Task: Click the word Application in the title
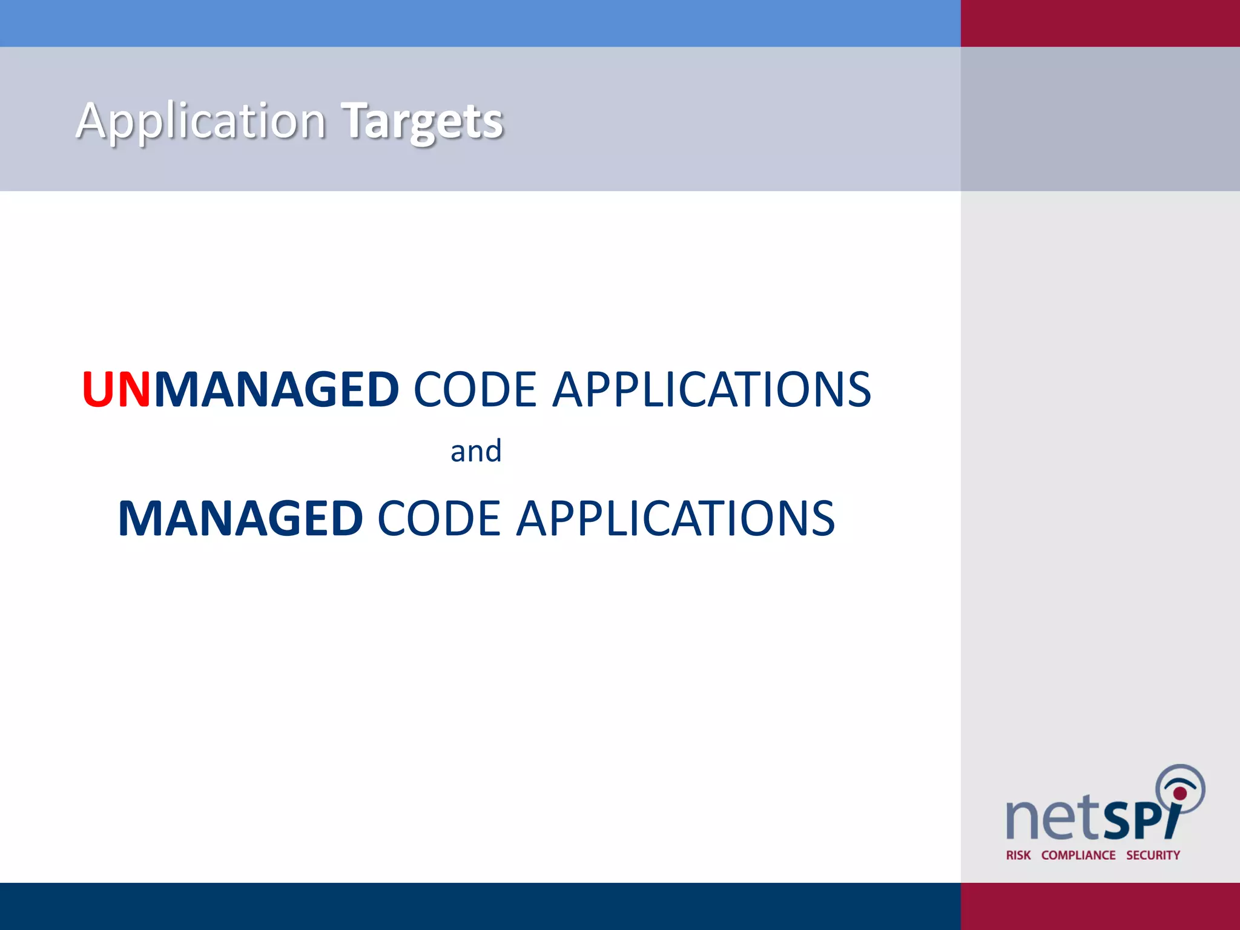[x=201, y=121]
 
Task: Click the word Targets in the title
[x=422, y=121]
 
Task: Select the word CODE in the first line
[x=475, y=389]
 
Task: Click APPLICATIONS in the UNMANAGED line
[x=712, y=389]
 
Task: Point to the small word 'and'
[x=476, y=451]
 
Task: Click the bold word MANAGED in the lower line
[x=240, y=518]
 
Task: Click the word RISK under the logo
[x=1018, y=855]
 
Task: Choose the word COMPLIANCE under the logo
[x=1078, y=855]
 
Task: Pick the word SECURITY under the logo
[x=1153, y=855]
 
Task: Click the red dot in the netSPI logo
[x=1179, y=793]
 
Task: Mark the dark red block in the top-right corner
[x=1100, y=23]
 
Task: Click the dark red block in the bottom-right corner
[x=1100, y=906]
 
